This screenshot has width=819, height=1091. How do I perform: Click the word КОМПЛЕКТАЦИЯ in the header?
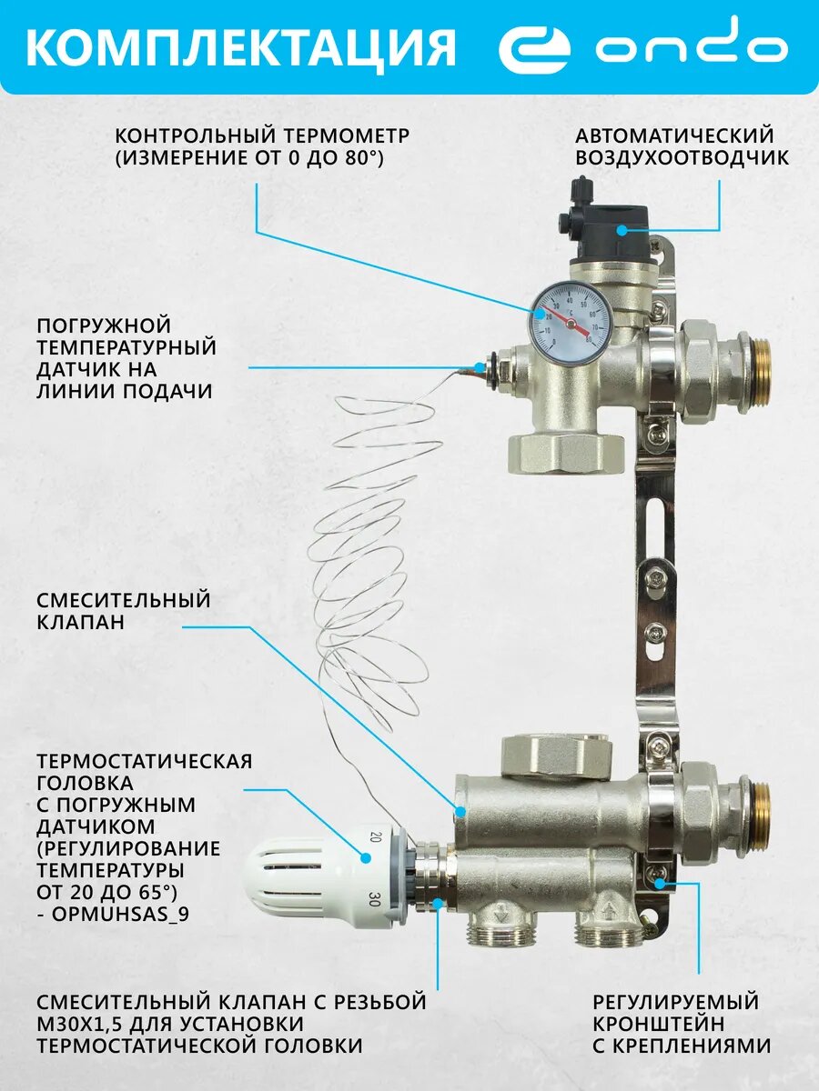coord(241,47)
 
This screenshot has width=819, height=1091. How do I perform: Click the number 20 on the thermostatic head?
coord(376,837)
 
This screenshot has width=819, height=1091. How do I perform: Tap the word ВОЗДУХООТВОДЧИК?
coord(682,158)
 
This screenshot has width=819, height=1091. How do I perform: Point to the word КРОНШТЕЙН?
coord(660,1024)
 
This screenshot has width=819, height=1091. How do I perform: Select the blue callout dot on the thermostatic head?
coord(366,858)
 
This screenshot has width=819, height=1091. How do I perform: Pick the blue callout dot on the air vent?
coord(622,230)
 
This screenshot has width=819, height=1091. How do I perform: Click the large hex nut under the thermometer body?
coord(567,451)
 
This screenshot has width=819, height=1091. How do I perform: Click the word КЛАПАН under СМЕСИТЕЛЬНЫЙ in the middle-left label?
coord(81,622)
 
